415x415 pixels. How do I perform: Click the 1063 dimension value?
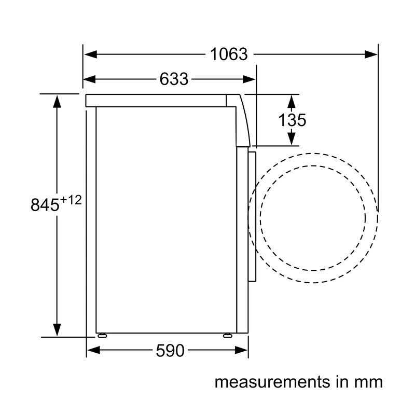coord(229,54)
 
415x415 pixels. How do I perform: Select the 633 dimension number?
coord(174,79)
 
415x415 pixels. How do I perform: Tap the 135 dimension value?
coord(292,120)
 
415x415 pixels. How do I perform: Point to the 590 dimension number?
coord(170,351)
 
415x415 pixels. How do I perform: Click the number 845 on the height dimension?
coord(45,204)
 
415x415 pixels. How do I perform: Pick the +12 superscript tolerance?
coord(71,200)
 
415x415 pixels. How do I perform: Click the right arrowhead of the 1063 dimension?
coord(371,54)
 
